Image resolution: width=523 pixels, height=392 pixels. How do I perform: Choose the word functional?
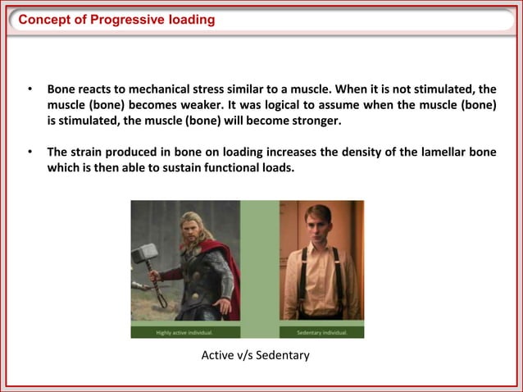pyautogui.click(x=230, y=168)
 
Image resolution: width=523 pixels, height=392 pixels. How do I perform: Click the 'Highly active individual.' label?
pyautogui.click(x=185, y=332)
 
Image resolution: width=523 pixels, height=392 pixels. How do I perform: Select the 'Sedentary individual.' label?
pyautogui.click(x=321, y=332)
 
